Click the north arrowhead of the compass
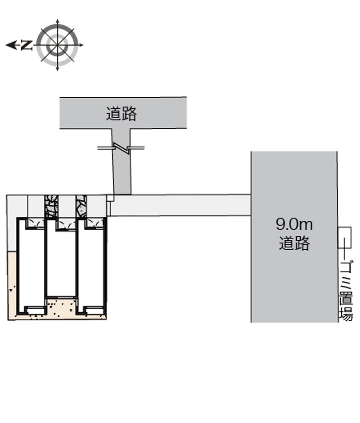(9, 45)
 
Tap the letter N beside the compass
(26, 45)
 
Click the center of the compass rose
(57, 45)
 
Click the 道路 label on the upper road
(121, 113)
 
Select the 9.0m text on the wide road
(294, 224)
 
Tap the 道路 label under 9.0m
(294, 243)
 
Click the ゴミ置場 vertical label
(346, 291)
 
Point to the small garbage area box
(345, 238)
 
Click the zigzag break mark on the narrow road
(121, 148)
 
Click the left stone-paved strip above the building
(51, 206)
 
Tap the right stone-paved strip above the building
(81, 206)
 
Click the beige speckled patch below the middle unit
(61, 306)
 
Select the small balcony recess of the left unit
(35, 310)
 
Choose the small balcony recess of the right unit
(94, 310)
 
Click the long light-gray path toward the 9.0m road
(180, 205)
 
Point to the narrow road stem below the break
(122, 173)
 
